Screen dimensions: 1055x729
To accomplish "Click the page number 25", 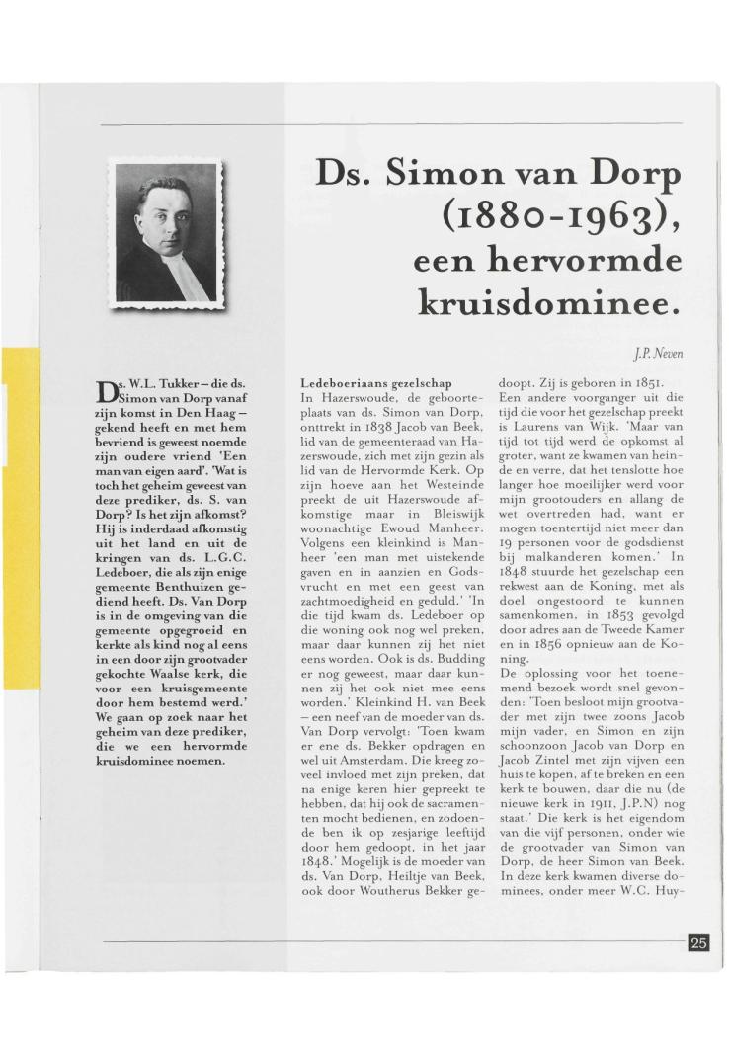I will [x=698, y=943].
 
